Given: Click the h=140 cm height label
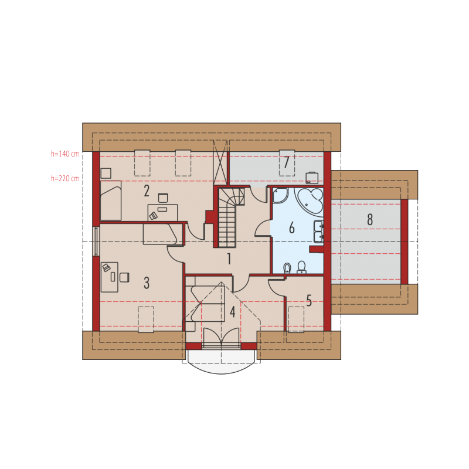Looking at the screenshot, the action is pos(65,154).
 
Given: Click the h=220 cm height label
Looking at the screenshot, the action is pos(65,179).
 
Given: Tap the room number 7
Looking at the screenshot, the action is pos(287,162).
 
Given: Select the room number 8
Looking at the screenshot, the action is pos(370,219).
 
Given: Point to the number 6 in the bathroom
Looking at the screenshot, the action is pos(292,227).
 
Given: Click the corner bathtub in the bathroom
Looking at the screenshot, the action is pos(310,201).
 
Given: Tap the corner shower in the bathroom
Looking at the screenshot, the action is pos(280,195).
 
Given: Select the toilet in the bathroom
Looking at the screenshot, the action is pos(301,267).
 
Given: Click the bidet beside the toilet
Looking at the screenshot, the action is pos(287,268).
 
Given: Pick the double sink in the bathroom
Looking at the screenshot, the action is pos(318,231).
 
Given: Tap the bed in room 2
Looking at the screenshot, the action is pos(111,200).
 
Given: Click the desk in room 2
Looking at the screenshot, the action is pos(163,213).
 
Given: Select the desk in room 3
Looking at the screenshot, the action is pos(110,277).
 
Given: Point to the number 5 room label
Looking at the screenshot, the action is pos(309,301).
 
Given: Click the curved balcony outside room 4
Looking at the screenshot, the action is pos(222,362).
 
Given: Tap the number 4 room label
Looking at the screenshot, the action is pos(232,312).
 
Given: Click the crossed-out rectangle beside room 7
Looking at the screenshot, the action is pos(220,162).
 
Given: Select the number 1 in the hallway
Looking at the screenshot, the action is pos(229,259).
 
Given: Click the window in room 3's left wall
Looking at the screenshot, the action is pos(96,241).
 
